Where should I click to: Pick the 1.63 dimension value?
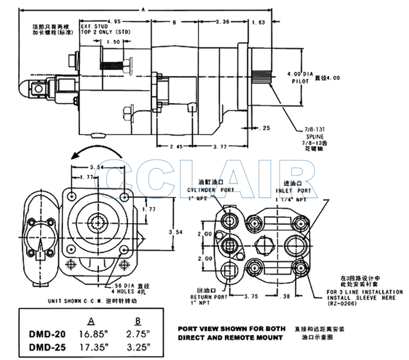point(258,22)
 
